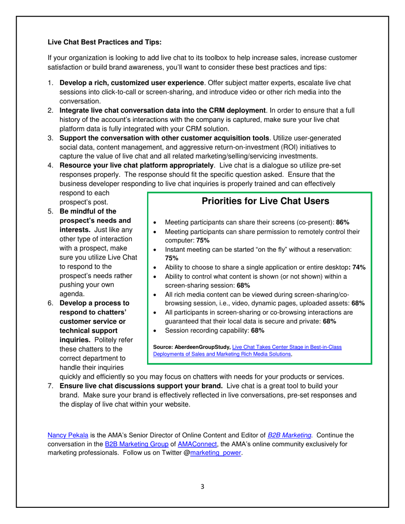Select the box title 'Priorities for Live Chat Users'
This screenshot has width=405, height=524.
259,201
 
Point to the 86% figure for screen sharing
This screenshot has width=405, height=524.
343,222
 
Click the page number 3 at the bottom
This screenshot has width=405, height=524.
202,487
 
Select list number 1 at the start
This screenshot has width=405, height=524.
50,83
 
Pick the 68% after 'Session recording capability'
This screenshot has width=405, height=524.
257,331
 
